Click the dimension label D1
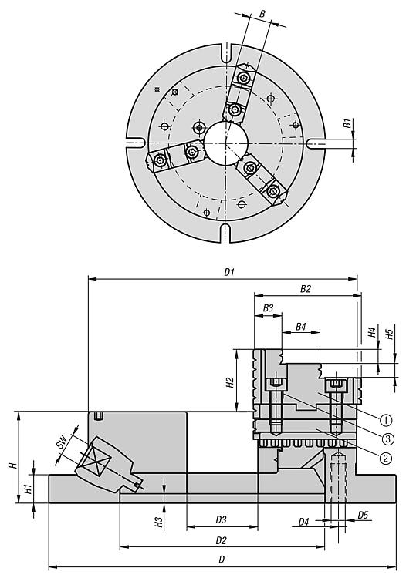click(229, 272)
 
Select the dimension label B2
click(305, 289)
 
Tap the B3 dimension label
click(268, 307)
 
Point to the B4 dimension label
click(301, 327)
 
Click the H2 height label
click(230, 382)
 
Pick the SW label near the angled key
click(62, 442)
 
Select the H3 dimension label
click(158, 522)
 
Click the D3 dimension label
click(221, 519)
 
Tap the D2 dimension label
click(221, 540)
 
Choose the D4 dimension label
click(303, 522)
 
